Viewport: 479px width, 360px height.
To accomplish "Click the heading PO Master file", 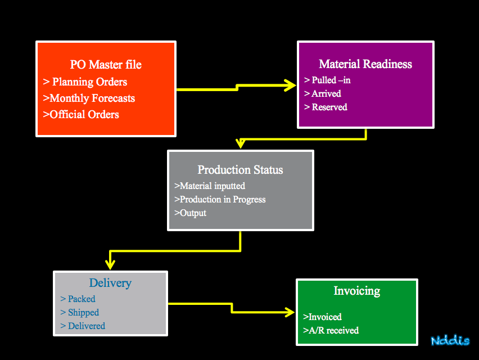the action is click(106, 65).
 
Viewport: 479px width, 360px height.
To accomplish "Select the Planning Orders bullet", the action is click(85, 82).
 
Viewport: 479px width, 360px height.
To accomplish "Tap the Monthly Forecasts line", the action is click(89, 98).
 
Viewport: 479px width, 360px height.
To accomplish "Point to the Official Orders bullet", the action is click(81, 114).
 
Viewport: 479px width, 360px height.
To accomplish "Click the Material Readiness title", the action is click(365, 64).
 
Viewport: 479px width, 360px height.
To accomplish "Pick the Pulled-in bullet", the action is click(327, 80).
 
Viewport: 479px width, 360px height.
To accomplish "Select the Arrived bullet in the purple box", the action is click(323, 93).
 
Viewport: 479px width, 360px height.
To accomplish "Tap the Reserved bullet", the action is click(326, 107).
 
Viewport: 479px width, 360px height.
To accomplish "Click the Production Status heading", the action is click(240, 170).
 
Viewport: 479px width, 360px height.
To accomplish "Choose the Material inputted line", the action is click(210, 186).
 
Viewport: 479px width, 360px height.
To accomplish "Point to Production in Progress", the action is click(220, 200).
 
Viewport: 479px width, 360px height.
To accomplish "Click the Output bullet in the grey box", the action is click(190, 213).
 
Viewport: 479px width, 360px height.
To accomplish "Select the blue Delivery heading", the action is click(110, 283).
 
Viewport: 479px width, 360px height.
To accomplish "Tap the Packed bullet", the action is click(78, 299).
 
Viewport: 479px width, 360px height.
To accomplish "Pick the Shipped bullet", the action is click(79, 312).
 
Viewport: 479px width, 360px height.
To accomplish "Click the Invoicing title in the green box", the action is click(357, 291).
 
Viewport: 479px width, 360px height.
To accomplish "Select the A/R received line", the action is click(331, 330).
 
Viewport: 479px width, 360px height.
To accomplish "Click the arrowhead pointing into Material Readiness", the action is click(290, 85).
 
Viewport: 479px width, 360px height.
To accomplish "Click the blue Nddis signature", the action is click(450, 340).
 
